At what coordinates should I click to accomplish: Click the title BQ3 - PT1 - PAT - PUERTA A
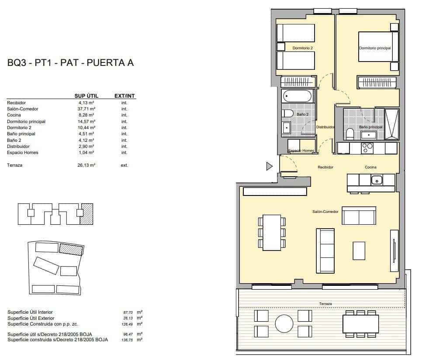70,63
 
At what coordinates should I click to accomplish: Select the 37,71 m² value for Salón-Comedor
86,109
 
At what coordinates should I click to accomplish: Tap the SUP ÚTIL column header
86,96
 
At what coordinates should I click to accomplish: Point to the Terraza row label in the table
14,165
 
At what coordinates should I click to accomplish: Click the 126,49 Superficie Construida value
128,324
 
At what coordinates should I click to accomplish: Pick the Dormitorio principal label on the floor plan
375,48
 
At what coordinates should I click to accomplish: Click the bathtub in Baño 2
297,96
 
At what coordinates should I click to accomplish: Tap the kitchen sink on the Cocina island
377,179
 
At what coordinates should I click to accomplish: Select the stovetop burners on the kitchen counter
367,148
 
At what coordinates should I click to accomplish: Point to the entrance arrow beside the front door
269,166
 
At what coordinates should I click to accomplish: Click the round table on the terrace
284,323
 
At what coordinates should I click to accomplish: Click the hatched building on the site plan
71,249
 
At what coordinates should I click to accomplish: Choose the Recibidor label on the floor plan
325,167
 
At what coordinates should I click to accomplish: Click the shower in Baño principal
391,124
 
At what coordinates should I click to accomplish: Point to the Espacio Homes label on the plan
301,151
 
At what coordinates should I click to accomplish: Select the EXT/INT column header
124,96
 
